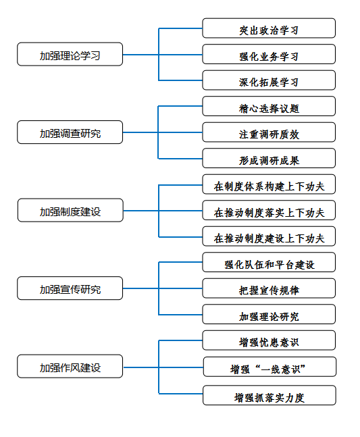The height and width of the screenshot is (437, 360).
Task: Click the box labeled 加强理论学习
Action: point(70,54)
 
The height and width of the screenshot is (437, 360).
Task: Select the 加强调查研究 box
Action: point(70,132)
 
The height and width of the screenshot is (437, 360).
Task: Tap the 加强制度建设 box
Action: point(70,210)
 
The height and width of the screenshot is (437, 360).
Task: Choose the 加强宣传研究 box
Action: point(70,288)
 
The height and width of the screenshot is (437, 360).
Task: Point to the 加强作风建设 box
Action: point(70,366)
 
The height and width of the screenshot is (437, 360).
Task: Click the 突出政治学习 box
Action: point(269,28)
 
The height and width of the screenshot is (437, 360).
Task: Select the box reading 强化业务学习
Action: point(269,54)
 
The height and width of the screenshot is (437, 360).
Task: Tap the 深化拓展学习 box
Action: point(269,80)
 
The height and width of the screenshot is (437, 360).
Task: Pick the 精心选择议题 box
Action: point(269,106)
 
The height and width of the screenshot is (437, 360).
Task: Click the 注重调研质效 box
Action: point(269,132)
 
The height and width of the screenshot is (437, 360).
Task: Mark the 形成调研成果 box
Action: point(269,158)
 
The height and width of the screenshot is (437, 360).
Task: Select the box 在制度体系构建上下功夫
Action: point(269,184)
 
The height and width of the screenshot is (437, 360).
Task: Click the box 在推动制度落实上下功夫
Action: point(269,210)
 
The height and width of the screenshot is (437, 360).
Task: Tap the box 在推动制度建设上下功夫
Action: point(269,236)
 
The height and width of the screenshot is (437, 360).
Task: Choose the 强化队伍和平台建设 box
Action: point(269,262)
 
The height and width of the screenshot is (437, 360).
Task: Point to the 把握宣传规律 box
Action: point(269,288)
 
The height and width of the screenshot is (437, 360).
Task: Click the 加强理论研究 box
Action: point(269,314)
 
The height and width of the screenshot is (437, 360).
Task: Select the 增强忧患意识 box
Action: point(269,340)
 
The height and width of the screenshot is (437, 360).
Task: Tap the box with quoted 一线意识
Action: point(269,367)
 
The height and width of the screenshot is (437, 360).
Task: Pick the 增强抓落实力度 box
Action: point(269,396)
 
